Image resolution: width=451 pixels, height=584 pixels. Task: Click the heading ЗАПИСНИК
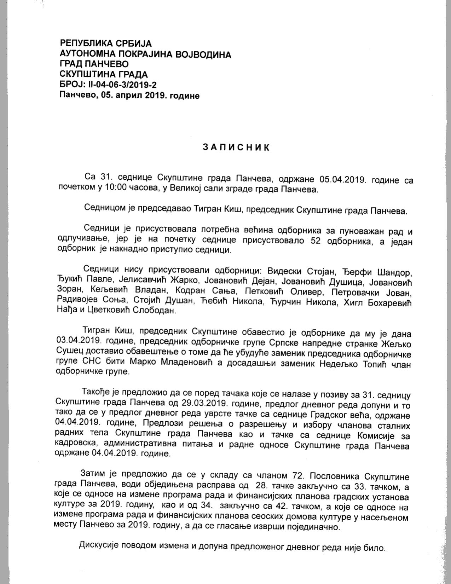pos(236,147)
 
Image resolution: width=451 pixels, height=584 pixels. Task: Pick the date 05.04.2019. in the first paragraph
pos(343,179)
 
